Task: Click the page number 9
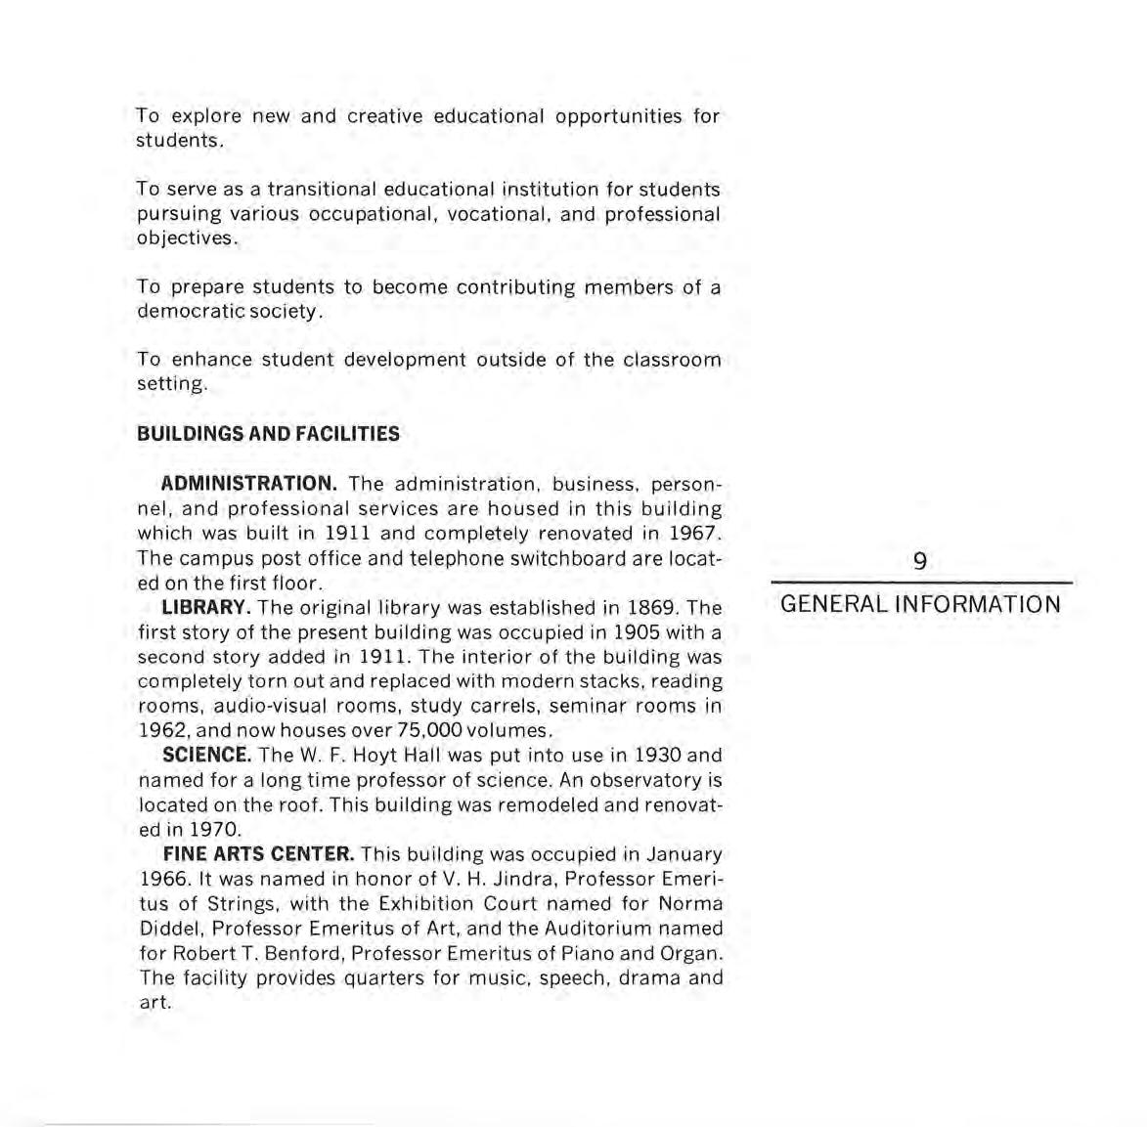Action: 920,561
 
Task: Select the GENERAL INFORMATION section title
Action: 921,604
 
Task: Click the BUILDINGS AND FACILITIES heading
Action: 268,434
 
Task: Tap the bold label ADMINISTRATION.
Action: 249,484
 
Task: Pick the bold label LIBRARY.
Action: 203,608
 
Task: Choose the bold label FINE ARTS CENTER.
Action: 258,855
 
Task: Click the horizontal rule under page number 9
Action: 921,584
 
